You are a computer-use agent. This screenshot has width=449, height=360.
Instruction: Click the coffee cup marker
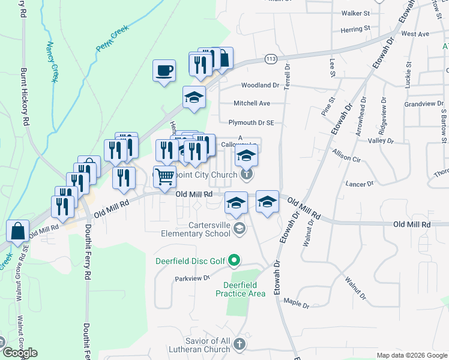tap(164, 71)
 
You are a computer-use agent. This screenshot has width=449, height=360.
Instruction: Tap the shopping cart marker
tap(165, 176)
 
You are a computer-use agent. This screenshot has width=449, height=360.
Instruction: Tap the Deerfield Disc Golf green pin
tap(235, 260)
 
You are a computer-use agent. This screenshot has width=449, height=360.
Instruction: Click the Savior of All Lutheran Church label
tap(200, 346)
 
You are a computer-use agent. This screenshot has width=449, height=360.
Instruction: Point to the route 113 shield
tap(271, 59)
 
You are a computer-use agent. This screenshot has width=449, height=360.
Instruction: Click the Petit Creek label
tap(112, 38)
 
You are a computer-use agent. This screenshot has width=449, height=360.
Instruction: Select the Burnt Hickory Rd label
tap(25, 96)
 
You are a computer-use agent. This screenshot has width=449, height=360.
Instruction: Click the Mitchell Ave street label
tap(252, 103)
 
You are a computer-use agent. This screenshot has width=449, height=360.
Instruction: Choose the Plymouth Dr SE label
tap(251, 122)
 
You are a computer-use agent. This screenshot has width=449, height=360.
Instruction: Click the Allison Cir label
tap(346, 160)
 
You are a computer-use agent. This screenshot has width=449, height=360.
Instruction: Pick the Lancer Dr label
tap(359, 183)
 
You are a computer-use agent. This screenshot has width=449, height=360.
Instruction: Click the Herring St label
tap(355, 29)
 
